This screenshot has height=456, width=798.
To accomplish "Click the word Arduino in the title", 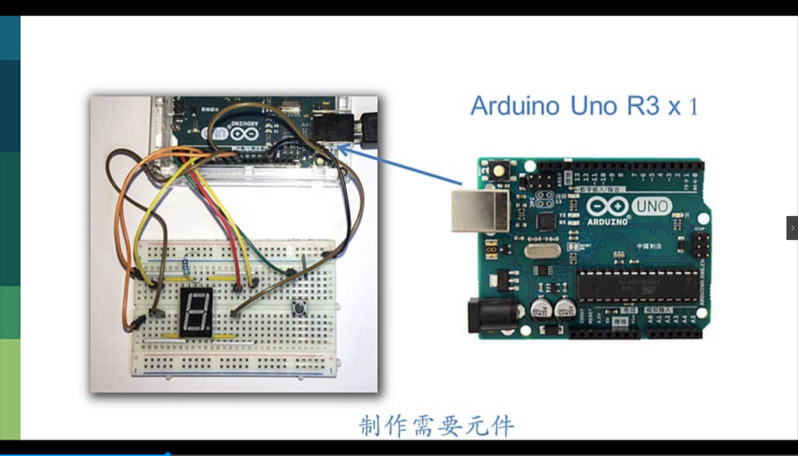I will (517, 106).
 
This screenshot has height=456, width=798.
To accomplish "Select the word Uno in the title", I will (595, 106).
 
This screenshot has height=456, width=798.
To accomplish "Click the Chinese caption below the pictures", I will (436, 426).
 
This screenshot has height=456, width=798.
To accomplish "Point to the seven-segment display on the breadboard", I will (196, 312).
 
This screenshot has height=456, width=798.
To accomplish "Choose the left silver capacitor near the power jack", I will (545, 308).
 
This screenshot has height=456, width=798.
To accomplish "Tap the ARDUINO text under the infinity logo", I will (608, 220).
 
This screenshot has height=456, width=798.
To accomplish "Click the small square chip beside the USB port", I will (546, 222).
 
